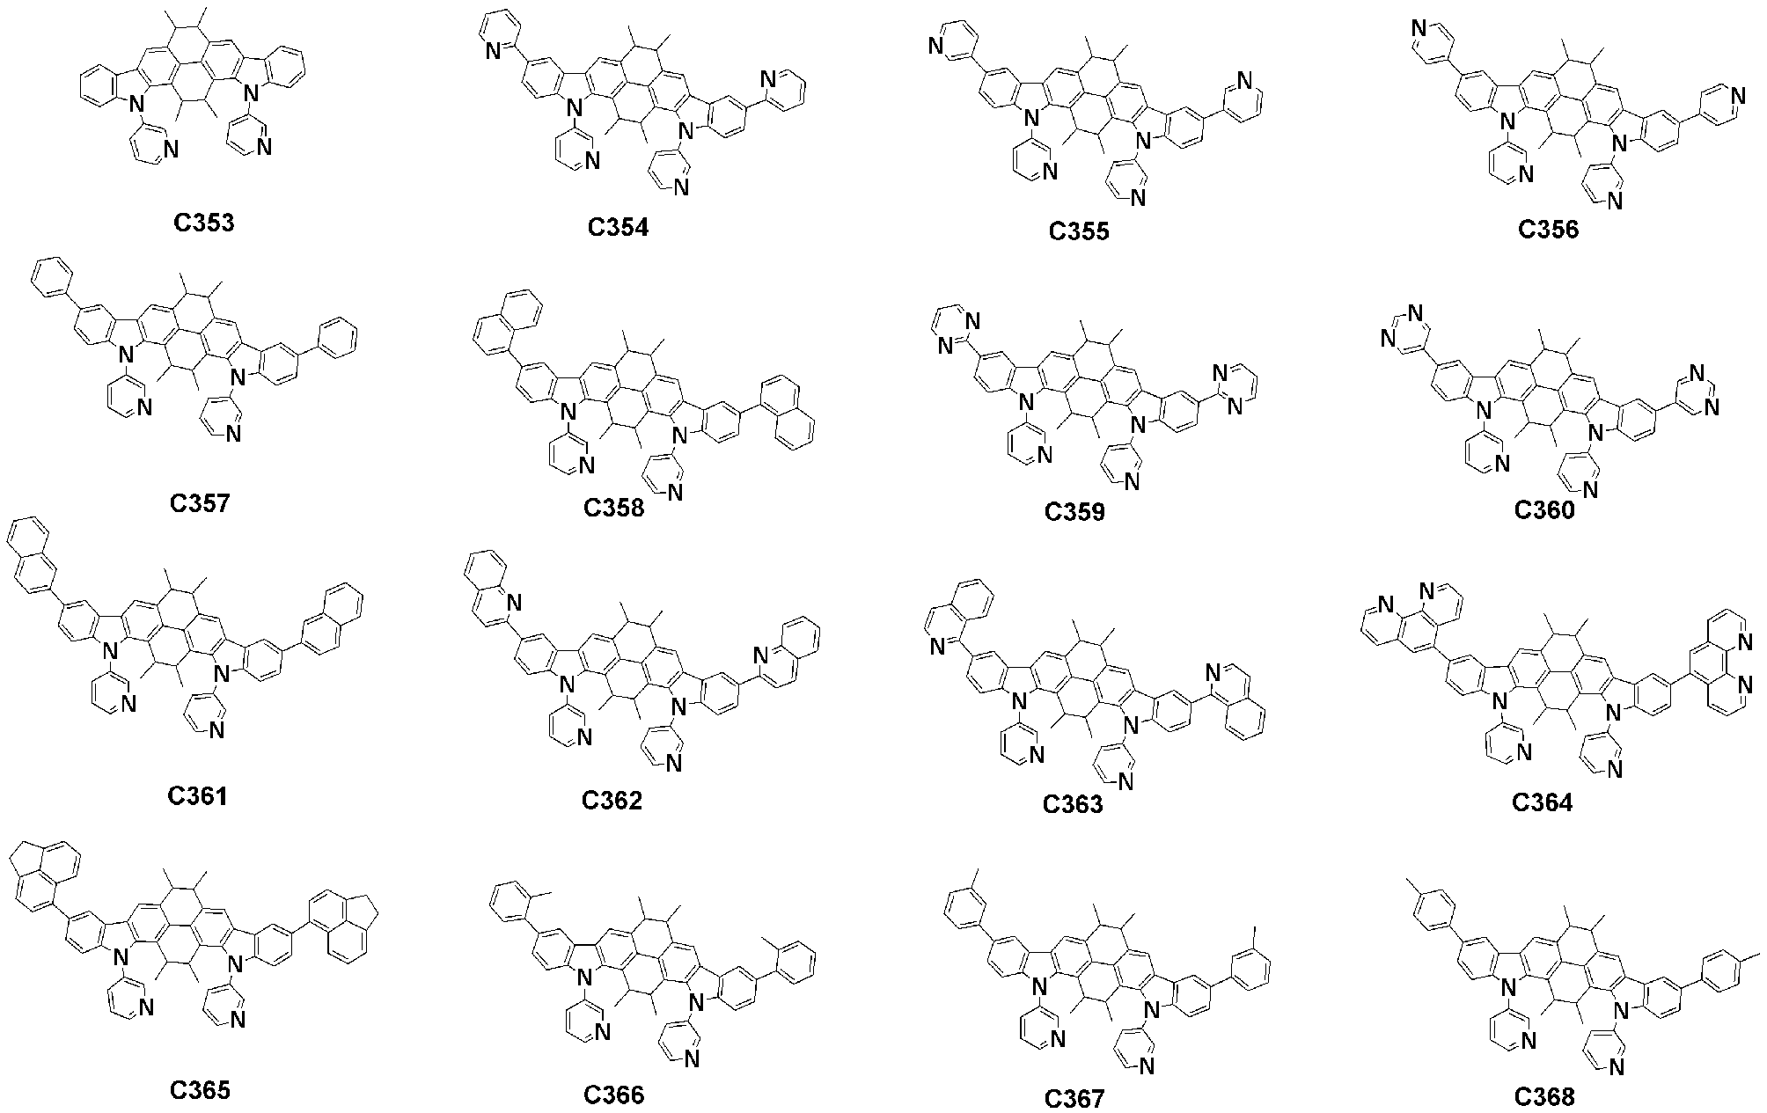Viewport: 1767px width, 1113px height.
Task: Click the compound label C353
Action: tap(203, 223)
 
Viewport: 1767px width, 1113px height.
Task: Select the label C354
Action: tap(618, 227)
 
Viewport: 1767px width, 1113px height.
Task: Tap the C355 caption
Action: tap(1079, 231)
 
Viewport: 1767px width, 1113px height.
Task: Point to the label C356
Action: tap(1548, 230)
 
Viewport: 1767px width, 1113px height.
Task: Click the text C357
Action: tap(200, 502)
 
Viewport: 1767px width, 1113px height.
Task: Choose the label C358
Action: tap(613, 508)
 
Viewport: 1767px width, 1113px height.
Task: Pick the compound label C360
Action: tap(1544, 509)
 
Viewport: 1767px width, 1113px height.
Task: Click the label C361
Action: tap(198, 796)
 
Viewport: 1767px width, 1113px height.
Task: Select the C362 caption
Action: tap(612, 800)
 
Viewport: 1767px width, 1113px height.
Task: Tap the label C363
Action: tap(1073, 803)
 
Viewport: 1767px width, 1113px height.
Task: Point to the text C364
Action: tap(1542, 802)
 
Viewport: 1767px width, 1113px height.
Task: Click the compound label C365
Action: tap(200, 1090)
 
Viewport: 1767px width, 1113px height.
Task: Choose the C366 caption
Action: tap(613, 1095)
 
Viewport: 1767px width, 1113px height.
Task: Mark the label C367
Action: tap(1074, 1099)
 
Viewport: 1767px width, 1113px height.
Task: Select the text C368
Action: tap(1544, 1096)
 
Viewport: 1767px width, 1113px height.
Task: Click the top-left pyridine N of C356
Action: tap(1419, 29)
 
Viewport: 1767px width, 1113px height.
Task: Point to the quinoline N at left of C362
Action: tap(513, 602)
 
